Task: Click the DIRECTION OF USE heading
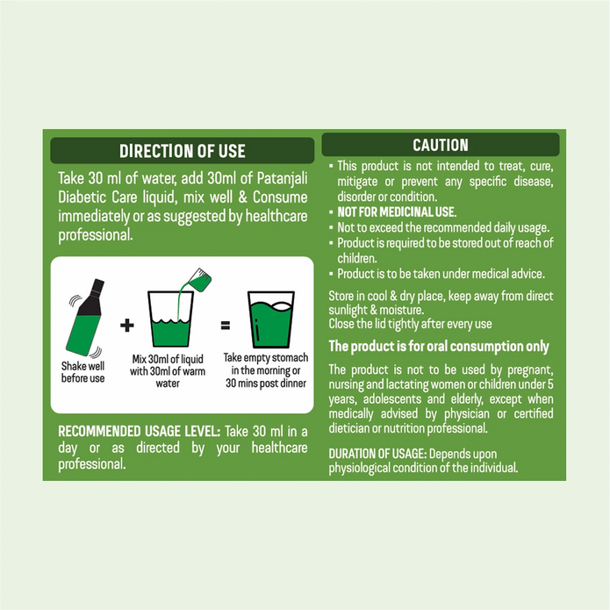[182, 151]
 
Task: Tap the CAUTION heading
[440, 145]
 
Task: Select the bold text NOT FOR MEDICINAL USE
[397, 212]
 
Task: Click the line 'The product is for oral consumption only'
[438, 346]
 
